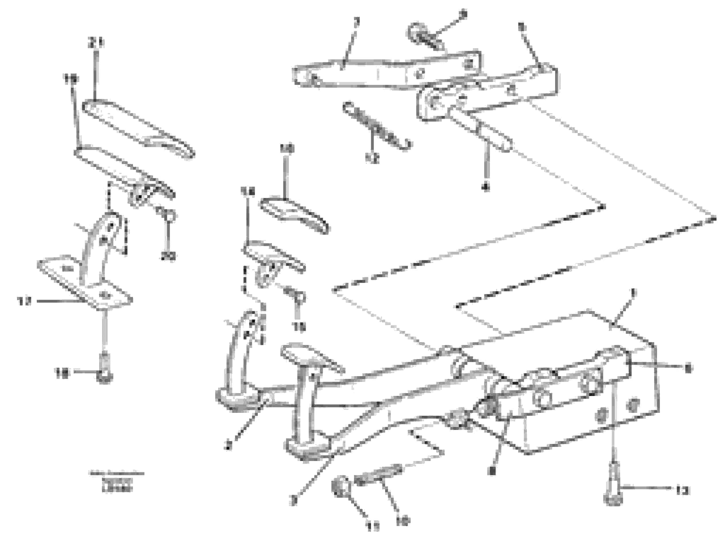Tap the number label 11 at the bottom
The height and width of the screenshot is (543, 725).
(372, 527)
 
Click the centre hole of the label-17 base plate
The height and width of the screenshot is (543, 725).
(105, 294)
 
